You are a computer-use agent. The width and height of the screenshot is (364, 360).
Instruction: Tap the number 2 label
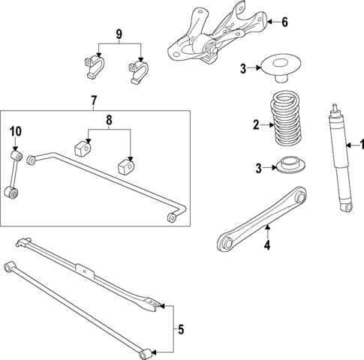pos(255,125)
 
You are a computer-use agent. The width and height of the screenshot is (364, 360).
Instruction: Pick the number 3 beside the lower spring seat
pos(259,168)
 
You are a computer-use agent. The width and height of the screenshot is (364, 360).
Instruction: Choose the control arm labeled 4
pos(263,217)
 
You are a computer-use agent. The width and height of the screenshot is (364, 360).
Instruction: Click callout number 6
pos(284,22)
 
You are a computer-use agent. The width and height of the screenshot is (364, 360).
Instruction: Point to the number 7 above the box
pos(93,100)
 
